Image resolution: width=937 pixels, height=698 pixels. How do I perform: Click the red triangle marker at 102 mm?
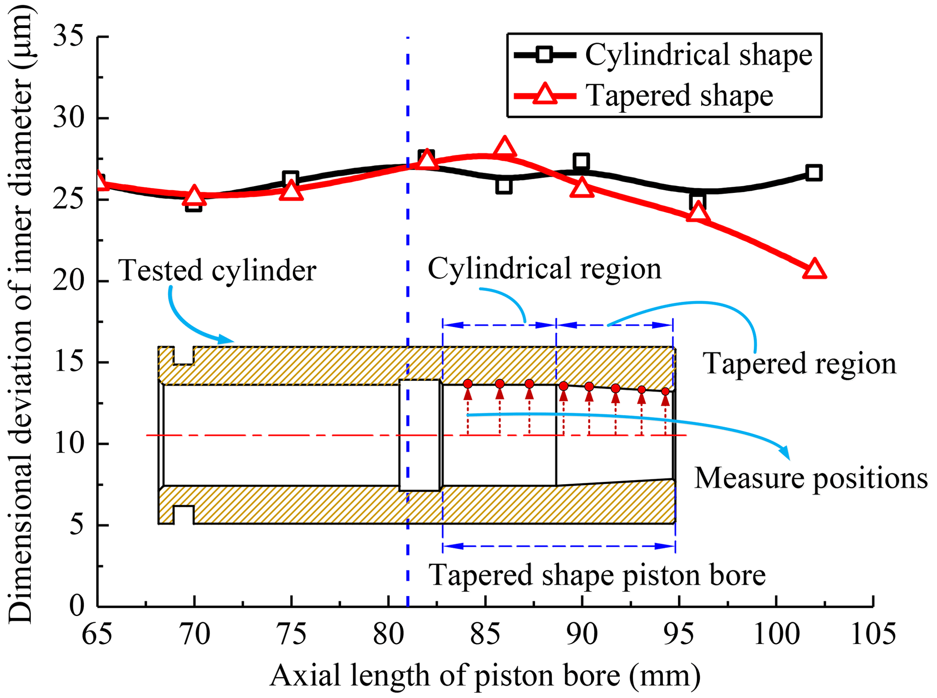pos(814,269)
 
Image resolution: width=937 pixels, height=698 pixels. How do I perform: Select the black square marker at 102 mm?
pos(814,173)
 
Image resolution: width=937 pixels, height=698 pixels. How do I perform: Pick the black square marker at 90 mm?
pos(581,161)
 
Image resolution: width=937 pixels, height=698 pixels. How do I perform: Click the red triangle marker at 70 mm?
pos(194,196)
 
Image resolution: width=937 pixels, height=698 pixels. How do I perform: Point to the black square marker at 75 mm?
pos(291,178)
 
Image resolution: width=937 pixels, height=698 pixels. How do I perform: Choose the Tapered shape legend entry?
pos(644,96)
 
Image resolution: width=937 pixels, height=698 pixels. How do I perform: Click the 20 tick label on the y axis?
pos(68,281)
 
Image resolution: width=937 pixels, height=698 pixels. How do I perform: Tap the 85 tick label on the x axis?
pos(485,634)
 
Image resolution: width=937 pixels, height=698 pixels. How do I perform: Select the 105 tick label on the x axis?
pos(873,634)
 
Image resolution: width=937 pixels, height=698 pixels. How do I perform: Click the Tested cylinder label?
pos(217,270)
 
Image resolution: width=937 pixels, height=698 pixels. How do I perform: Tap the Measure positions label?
pos(811,478)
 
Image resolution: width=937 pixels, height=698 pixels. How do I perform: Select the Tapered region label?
pos(799,363)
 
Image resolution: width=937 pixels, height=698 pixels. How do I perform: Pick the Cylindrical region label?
pos(544,269)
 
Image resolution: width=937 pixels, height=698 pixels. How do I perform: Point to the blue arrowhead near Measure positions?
pos(785,453)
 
